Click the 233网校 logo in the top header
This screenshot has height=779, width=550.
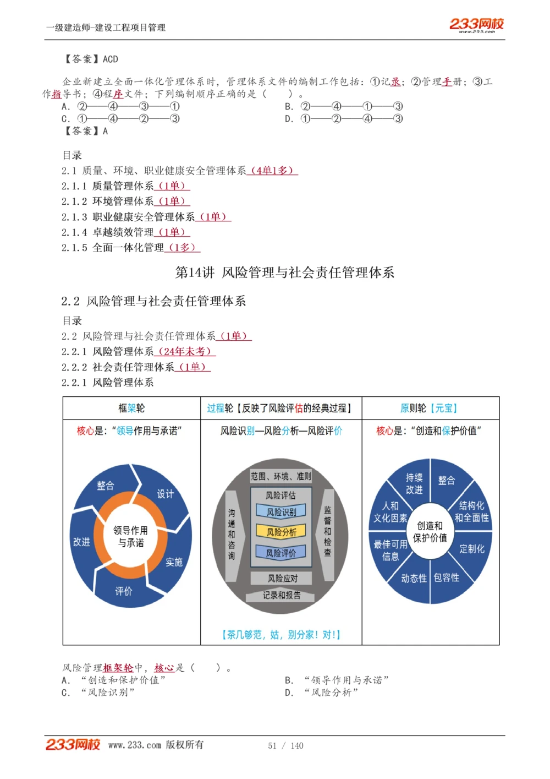point(476,24)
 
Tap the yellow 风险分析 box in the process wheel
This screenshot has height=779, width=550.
point(281,532)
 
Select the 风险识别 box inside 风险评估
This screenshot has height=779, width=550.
point(281,512)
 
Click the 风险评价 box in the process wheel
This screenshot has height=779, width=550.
point(281,553)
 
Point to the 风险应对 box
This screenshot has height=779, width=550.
point(282,578)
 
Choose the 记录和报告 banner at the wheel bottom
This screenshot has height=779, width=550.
point(282,595)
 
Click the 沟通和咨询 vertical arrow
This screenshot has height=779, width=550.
point(232,534)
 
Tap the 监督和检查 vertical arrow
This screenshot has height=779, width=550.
point(328,531)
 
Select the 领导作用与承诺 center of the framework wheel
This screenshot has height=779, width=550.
point(130,536)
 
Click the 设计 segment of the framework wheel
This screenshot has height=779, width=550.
point(165,494)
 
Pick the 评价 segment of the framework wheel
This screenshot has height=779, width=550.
point(124,591)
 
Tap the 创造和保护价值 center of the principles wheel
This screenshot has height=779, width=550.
point(430,531)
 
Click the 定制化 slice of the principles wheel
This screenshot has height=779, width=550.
point(472,549)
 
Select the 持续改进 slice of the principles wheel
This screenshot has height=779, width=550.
point(414,483)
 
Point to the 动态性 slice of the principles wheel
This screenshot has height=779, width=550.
point(414,578)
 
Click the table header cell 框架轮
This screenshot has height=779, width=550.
point(131,408)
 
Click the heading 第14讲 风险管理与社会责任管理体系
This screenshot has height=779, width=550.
point(284,273)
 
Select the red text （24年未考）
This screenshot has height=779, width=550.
point(185,351)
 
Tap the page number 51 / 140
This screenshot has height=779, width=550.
point(285,745)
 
